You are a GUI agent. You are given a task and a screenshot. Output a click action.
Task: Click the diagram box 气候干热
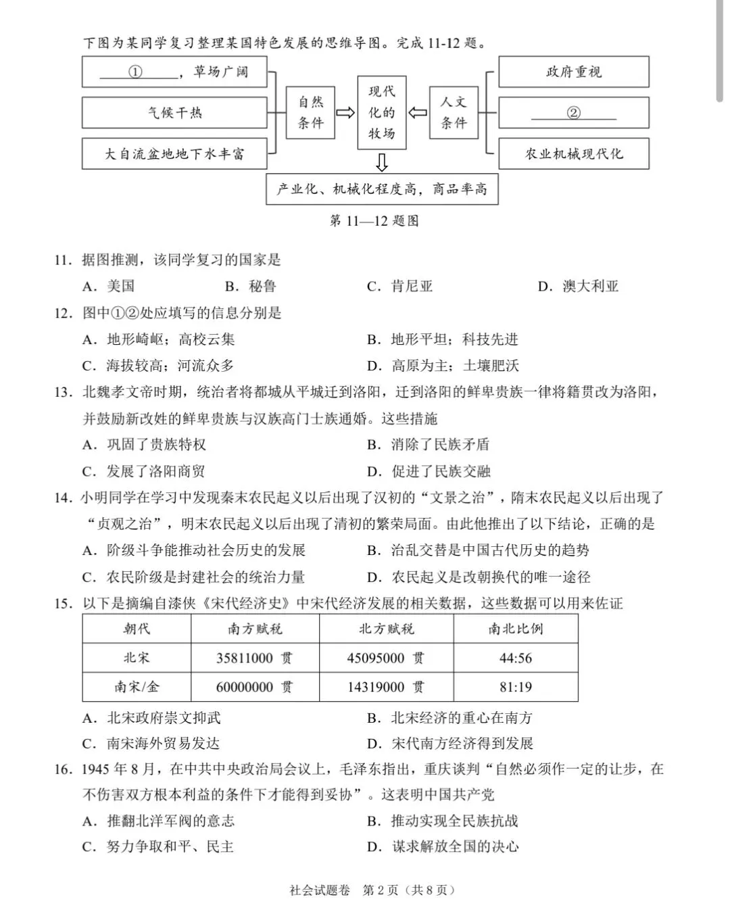(x=174, y=113)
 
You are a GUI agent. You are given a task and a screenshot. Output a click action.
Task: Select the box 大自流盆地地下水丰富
(x=174, y=154)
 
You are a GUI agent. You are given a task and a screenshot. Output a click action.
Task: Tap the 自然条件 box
(x=311, y=113)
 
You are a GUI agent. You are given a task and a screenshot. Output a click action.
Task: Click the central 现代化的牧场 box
(x=382, y=113)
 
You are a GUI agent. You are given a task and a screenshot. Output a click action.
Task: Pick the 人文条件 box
(x=454, y=113)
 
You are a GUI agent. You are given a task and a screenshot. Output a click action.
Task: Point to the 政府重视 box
(x=573, y=72)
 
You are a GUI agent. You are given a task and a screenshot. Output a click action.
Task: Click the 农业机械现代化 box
(x=573, y=154)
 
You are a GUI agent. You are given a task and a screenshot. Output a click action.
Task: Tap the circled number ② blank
(x=573, y=113)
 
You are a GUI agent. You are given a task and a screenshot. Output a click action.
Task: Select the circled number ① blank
(x=136, y=72)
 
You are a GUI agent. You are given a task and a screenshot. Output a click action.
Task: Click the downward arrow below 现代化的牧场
(x=382, y=163)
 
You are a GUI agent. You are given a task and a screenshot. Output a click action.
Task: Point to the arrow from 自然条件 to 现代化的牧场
(x=346, y=113)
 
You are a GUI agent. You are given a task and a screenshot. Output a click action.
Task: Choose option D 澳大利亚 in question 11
(x=579, y=286)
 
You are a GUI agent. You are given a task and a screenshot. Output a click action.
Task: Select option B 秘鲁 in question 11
(x=251, y=286)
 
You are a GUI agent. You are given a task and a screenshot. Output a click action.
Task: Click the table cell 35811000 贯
(x=255, y=658)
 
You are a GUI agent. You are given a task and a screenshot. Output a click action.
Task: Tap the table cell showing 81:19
(x=516, y=687)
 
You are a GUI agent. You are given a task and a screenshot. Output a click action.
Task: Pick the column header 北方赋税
(x=386, y=629)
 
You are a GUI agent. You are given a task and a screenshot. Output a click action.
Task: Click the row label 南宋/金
(x=137, y=687)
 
